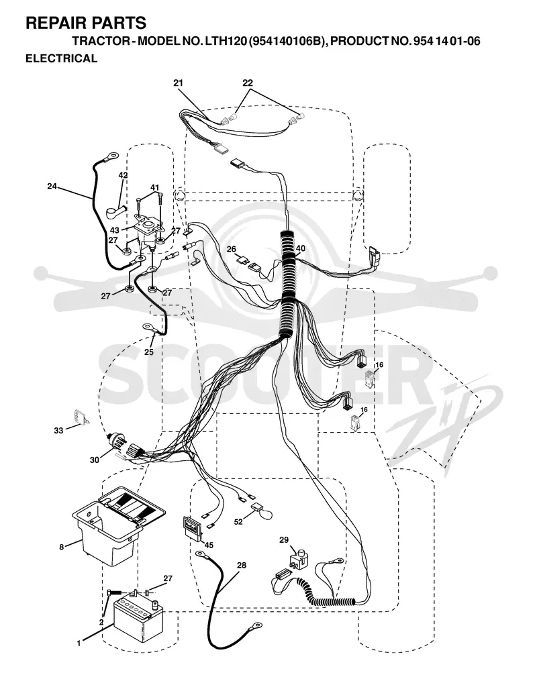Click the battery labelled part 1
tap(138, 617)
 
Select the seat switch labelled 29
tap(298, 560)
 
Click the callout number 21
tap(178, 83)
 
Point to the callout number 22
tap(247, 83)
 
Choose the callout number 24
tap(52, 187)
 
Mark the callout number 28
tap(241, 565)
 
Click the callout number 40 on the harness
tap(300, 249)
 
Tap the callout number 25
tap(148, 352)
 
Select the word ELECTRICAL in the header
tap(61, 58)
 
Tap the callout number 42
tap(123, 176)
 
